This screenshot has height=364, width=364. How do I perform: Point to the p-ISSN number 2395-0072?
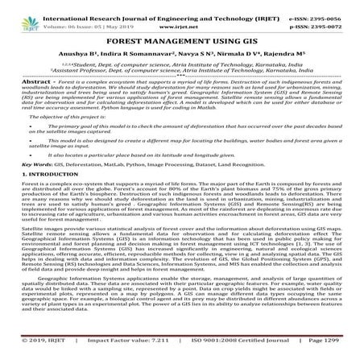[335, 15]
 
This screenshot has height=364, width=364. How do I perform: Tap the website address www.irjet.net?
[182, 15]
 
